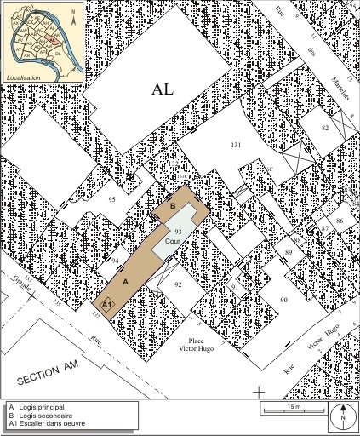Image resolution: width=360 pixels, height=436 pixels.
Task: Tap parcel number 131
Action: pos(236,146)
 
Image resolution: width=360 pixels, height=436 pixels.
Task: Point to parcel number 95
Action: pos(111,199)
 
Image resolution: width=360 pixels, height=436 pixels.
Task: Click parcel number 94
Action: pos(115,261)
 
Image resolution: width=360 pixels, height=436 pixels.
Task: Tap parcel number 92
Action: pos(178,284)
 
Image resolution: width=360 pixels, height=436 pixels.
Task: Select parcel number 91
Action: pos(234,288)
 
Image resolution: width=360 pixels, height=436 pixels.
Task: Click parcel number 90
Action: pos(283,301)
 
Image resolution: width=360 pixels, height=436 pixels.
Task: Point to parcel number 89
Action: pos(288,252)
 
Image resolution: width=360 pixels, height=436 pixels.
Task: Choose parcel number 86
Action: pos(339,221)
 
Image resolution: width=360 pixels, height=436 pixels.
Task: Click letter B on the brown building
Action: pos(174,206)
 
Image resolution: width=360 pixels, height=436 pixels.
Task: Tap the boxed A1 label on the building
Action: pos(106,303)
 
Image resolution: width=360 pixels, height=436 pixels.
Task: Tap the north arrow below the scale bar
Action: pos(342,416)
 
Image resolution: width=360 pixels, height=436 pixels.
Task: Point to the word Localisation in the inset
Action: pos(25,77)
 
